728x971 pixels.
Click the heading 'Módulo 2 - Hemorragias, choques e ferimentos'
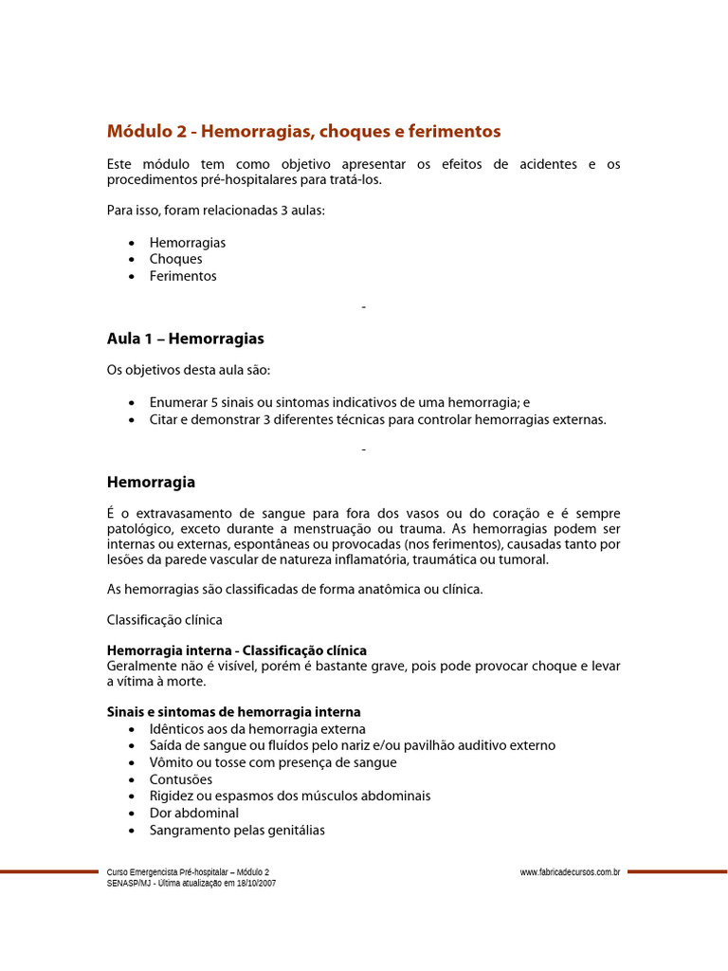303,131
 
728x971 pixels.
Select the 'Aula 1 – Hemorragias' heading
186,339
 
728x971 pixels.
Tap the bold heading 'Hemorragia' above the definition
152,482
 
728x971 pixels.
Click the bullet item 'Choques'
175,259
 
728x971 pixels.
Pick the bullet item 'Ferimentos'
183,276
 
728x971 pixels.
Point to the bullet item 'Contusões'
181,779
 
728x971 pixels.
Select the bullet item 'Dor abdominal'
193,813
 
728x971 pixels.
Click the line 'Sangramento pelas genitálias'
237,830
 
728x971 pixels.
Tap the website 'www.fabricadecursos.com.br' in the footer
571,871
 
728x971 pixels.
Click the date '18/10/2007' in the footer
257,883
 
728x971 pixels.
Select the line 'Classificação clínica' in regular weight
165,619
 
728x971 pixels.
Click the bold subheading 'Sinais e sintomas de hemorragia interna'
234,711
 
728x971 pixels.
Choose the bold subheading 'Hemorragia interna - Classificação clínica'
237,650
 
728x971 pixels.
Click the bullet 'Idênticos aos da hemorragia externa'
257,728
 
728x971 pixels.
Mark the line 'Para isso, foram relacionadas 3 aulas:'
216,211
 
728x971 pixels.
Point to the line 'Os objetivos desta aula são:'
194,370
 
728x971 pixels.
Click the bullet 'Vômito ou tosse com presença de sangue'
273,762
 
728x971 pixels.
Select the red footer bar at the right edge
677,871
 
